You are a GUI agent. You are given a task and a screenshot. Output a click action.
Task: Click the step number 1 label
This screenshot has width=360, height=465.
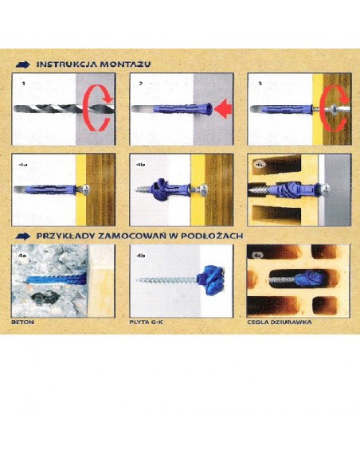click(x=24, y=82)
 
